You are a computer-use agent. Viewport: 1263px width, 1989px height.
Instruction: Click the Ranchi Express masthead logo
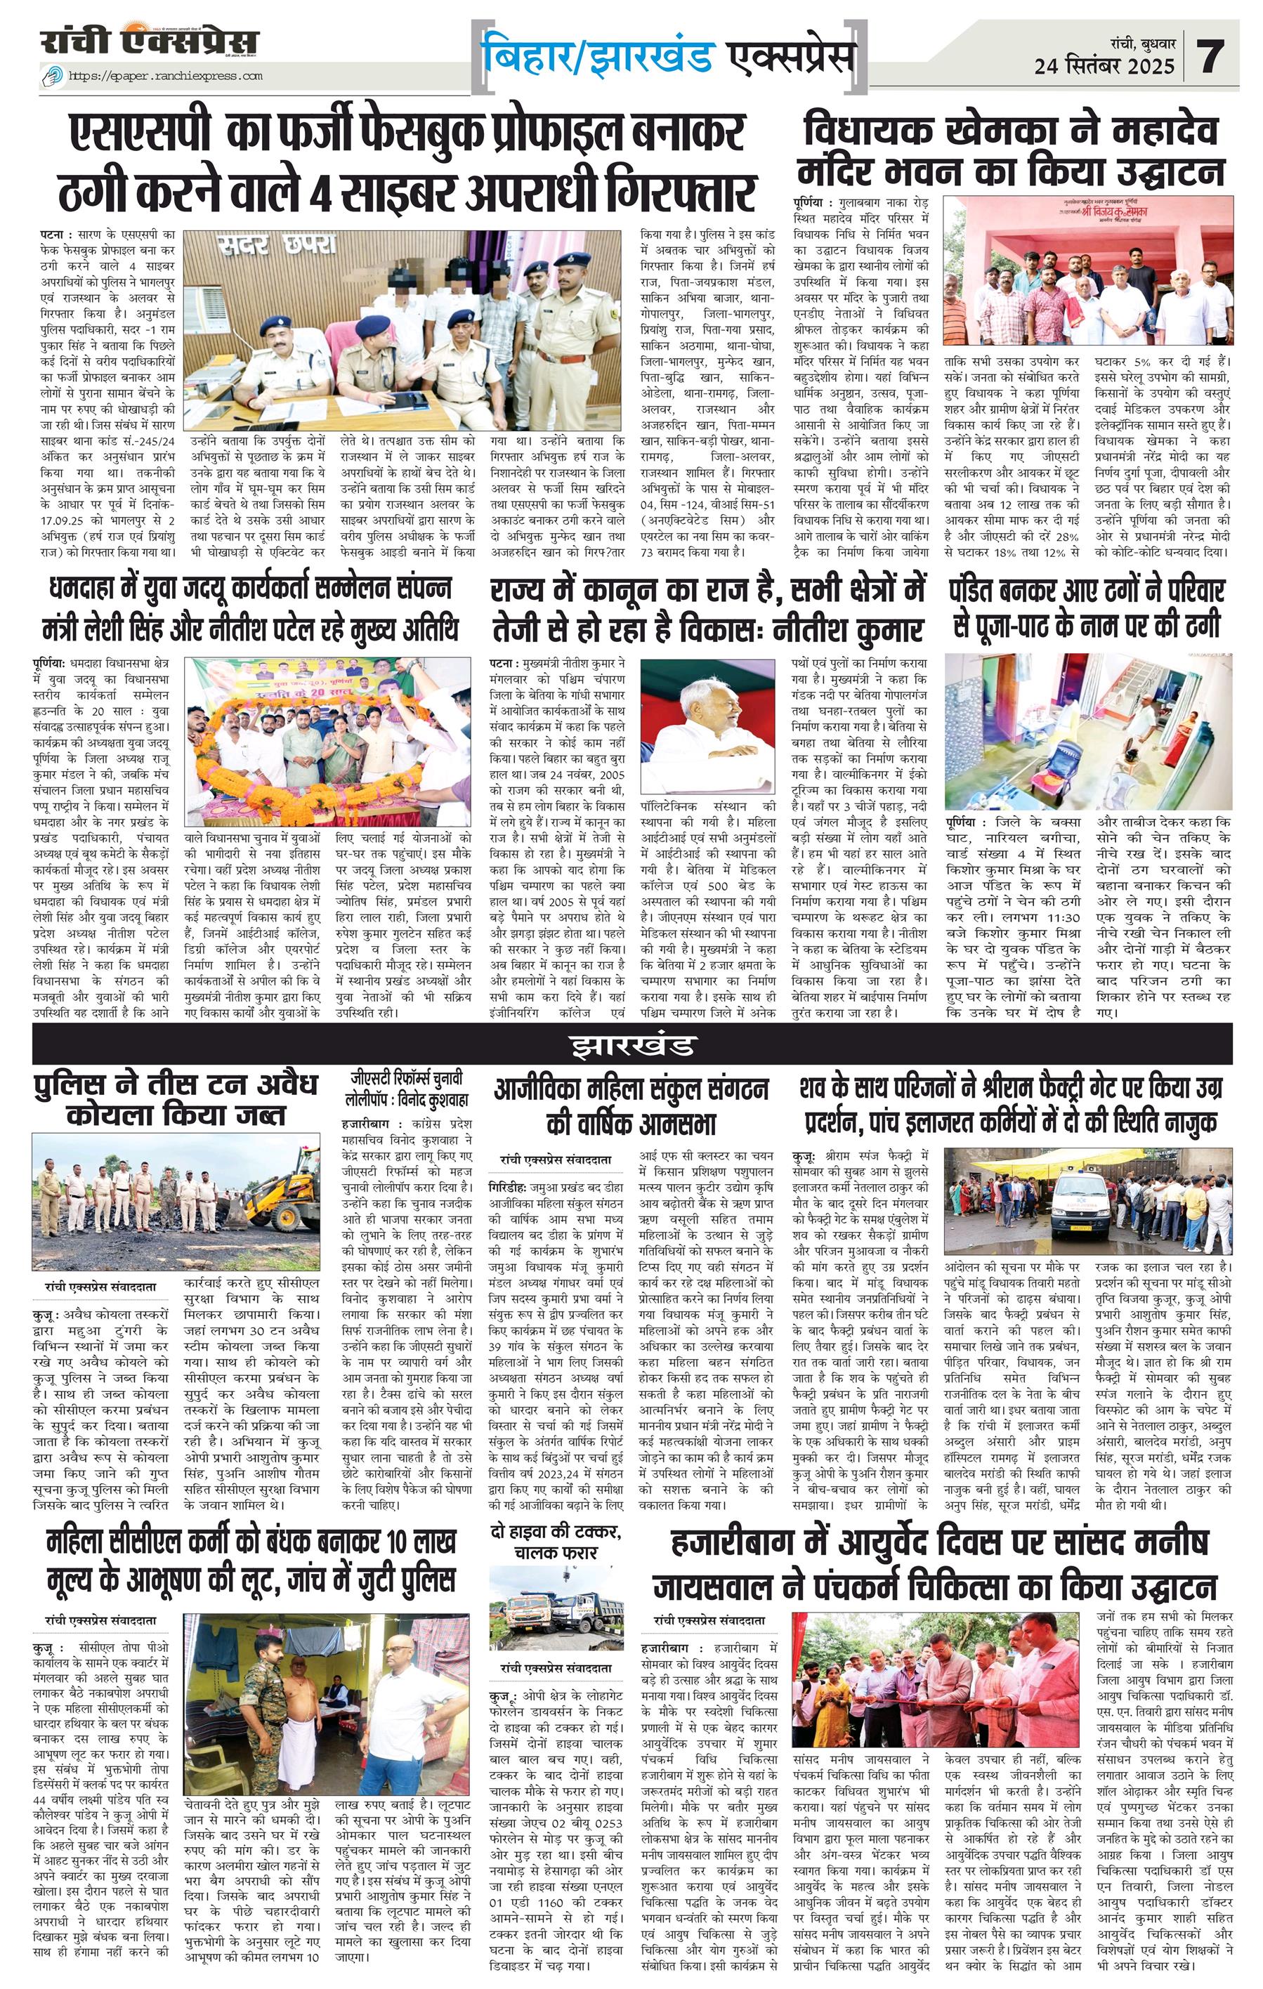[x=150, y=41]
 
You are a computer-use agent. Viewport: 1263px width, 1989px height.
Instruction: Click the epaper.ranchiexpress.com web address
[x=164, y=76]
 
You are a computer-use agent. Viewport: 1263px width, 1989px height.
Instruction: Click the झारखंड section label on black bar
[x=632, y=1045]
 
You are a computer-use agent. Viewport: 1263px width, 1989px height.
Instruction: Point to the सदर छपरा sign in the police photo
[x=277, y=245]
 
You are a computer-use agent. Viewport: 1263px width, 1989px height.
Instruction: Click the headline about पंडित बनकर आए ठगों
[x=1088, y=609]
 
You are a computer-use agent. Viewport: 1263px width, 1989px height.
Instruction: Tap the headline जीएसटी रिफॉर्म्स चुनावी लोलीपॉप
[x=407, y=1089]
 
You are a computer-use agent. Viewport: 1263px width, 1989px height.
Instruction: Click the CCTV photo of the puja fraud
[x=1088, y=731]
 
